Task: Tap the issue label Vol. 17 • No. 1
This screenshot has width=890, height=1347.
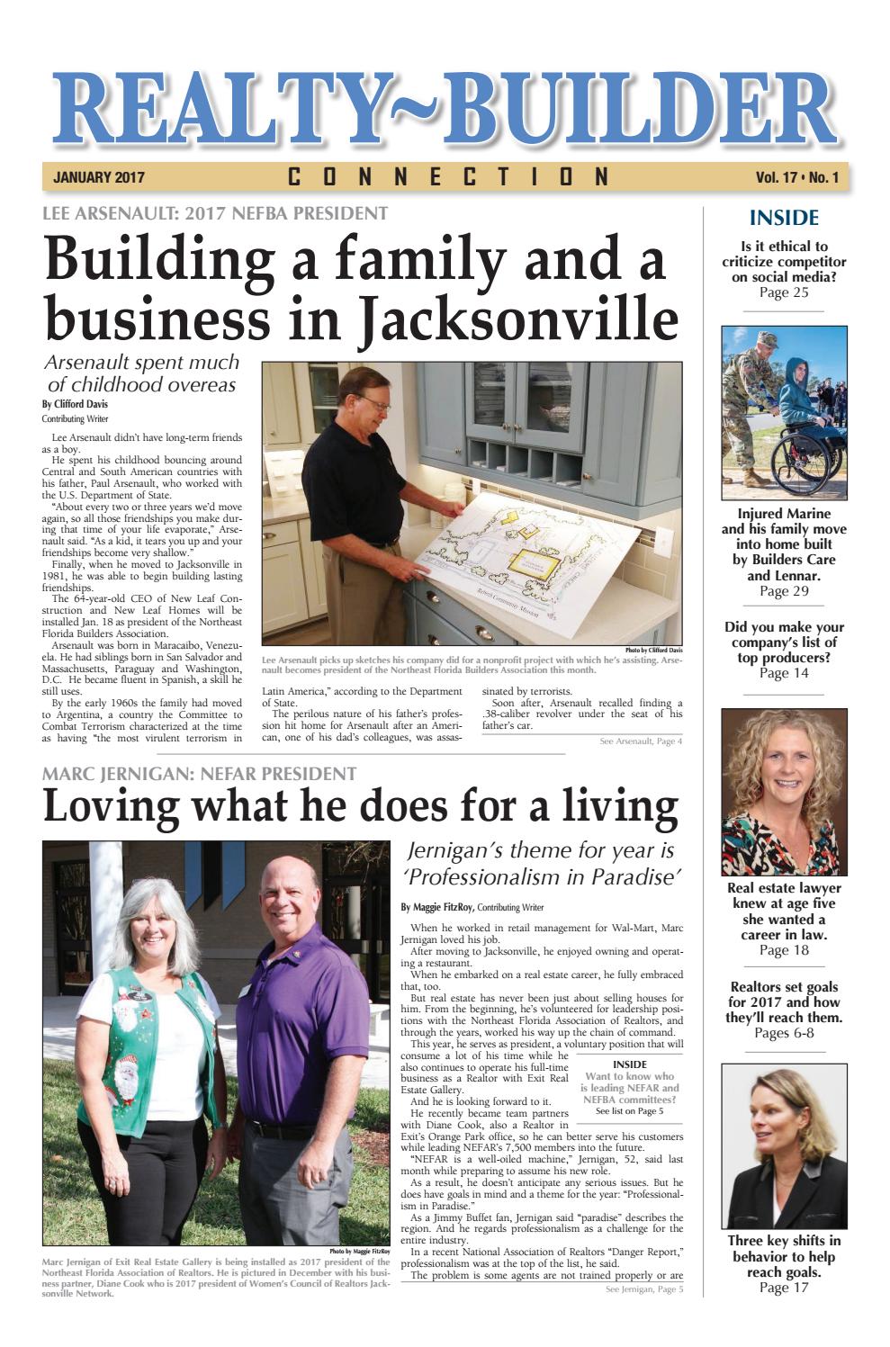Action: (x=797, y=178)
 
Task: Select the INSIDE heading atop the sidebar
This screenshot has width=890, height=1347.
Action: (x=784, y=218)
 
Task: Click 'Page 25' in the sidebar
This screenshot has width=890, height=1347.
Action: (x=784, y=292)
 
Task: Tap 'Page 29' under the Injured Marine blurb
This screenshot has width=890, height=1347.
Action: (x=784, y=591)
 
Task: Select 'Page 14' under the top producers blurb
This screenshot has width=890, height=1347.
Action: (x=784, y=673)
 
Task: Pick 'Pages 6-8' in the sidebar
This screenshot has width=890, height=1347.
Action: (x=784, y=1033)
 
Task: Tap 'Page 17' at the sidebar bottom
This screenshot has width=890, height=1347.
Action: (x=784, y=1288)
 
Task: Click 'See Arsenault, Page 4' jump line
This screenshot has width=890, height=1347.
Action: (x=641, y=741)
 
